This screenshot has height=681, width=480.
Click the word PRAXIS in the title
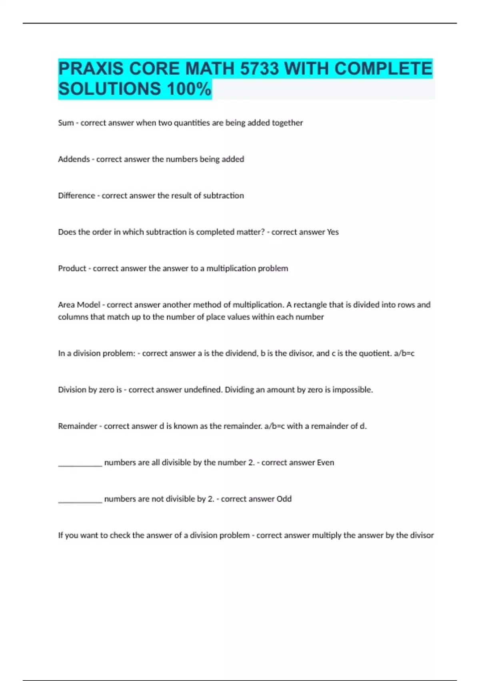click(91, 69)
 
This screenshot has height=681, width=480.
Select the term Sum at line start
click(66, 123)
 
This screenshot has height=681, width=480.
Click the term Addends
click(74, 159)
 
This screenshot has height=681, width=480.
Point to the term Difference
click(76, 196)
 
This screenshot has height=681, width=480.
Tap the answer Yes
click(333, 232)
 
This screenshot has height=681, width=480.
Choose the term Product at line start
click(72, 268)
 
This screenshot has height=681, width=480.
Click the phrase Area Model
click(79, 305)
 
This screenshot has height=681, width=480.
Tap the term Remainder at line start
click(78, 426)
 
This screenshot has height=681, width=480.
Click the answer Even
click(326, 463)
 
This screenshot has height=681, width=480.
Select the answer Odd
click(284, 499)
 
